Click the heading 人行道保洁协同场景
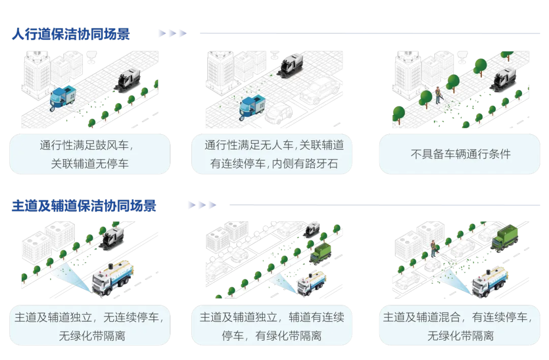pyautogui.click(x=71, y=34)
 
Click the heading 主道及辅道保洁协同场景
pyautogui.click(x=84, y=206)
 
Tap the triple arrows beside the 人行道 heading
pyautogui.click(x=172, y=34)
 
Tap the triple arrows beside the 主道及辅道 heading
pyautogui.click(x=202, y=206)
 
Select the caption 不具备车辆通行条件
pyautogui.click(x=460, y=154)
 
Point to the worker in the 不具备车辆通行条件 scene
pyautogui.click(x=437, y=94)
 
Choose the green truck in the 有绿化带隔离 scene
pyautogui.click(x=322, y=252)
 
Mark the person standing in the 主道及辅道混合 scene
pyautogui.click(x=433, y=248)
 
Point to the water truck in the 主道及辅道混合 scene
pyautogui.click(x=490, y=281)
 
